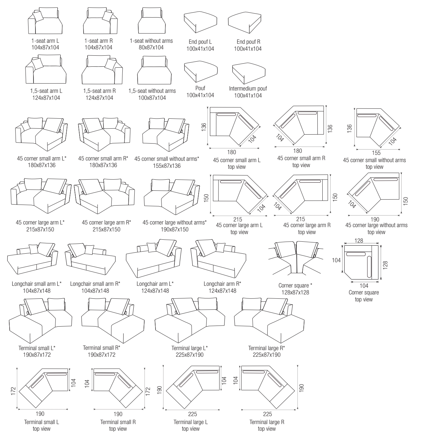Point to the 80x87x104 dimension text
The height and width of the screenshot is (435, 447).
151,47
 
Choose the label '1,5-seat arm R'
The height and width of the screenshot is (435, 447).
99,91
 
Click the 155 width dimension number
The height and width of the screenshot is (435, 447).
376,153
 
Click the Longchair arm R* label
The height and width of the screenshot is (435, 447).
222,284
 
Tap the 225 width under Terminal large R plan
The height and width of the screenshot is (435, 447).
267,414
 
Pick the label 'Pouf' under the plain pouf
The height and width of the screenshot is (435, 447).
200,88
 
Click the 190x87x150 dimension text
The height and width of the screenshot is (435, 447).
174,229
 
